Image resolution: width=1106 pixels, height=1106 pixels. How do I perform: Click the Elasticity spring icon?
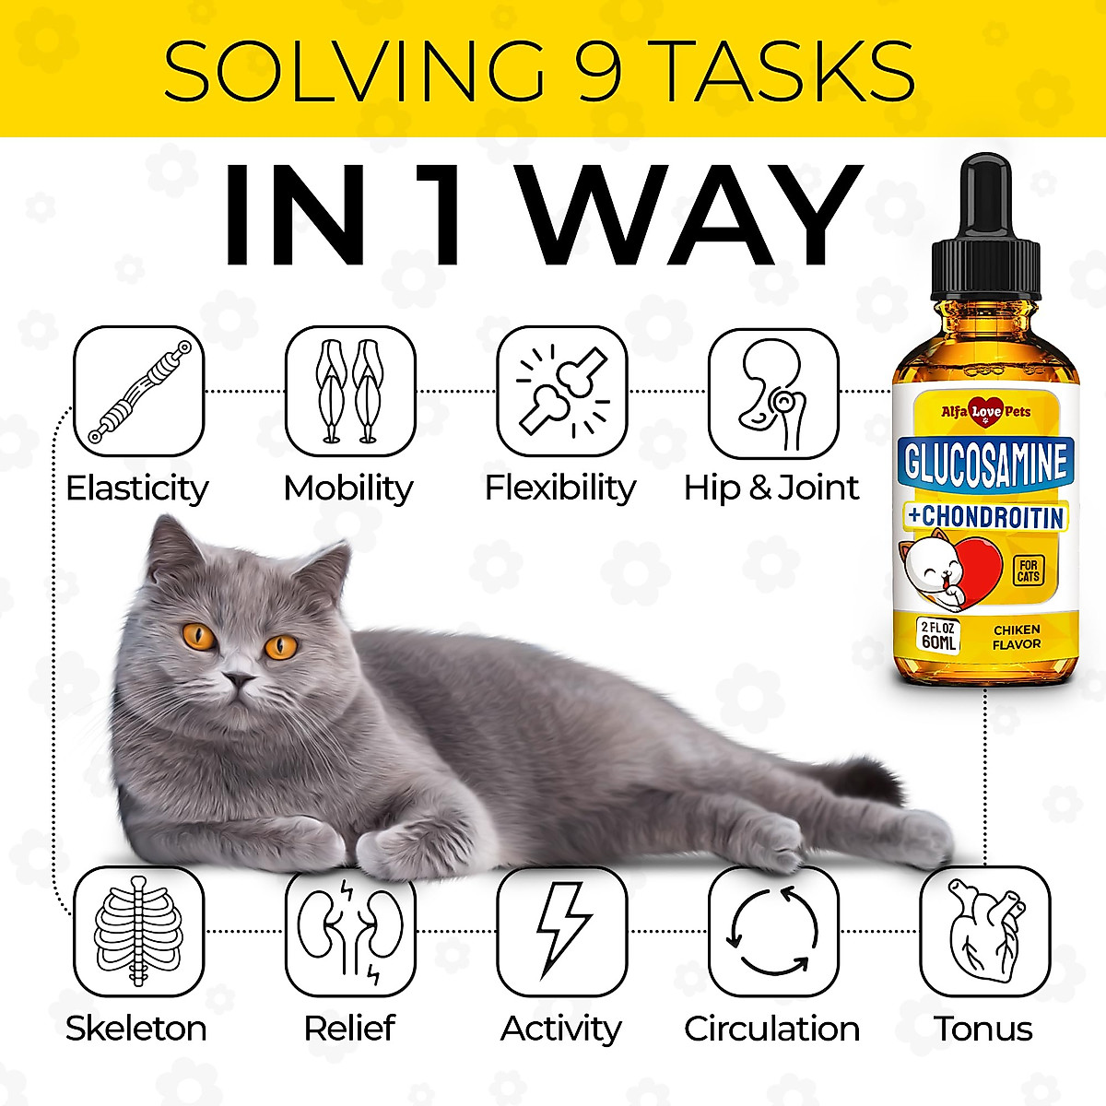point(138,391)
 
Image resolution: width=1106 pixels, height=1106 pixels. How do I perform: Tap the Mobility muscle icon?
point(349,391)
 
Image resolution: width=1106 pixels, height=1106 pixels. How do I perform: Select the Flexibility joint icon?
point(561,391)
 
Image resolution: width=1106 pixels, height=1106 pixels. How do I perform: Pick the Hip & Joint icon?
point(773,391)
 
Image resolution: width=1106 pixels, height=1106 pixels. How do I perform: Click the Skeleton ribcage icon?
point(138,931)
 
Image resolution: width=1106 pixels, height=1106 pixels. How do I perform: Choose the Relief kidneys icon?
point(349,931)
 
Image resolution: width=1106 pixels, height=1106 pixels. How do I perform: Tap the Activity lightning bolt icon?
point(561,931)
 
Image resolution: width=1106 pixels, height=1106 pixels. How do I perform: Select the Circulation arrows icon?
point(773,931)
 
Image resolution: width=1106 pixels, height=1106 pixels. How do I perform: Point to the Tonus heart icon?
point(984,931)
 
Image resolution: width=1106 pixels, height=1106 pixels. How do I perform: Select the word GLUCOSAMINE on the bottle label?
point(984,465)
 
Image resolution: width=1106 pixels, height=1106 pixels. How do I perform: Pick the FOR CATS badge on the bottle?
point(1028,571)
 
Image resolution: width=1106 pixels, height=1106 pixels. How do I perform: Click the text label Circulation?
point(772,1029)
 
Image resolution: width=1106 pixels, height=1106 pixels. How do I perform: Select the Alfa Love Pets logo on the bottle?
point(984,412)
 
